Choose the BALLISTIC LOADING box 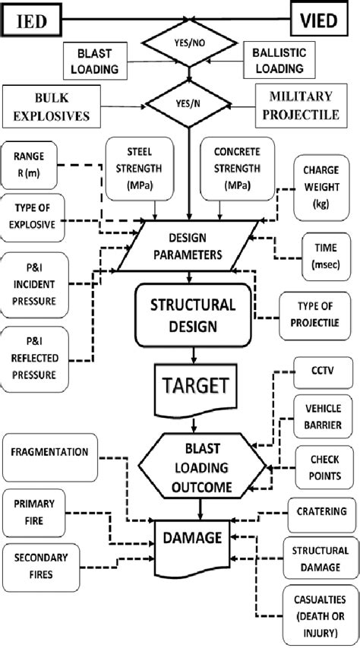coord(278,61)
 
